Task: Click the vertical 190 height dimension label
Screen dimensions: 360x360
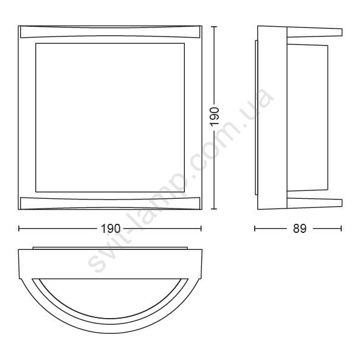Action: click(215, 116)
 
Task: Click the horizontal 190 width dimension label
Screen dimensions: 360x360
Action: click(111, 229)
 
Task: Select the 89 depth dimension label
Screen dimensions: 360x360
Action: click(300, 229)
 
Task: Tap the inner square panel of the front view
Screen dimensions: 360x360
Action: click(110, 117)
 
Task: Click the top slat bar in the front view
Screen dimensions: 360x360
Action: click(110, 32)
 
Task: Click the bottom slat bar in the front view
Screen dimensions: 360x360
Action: click(110, 203)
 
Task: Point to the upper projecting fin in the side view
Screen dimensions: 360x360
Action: click(314, 32)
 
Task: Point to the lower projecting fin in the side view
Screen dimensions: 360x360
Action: click(314, 203)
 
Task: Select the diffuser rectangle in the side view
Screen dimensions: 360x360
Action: click(308, 117)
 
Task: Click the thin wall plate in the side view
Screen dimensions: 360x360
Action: click(256, 117)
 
